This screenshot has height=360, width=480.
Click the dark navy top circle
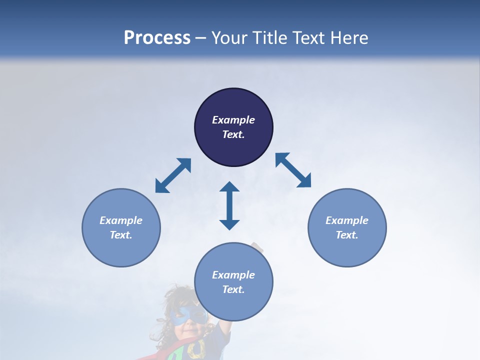(233, 150)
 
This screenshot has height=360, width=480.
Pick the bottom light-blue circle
(233, 305)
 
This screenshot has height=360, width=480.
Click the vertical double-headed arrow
(229, 205)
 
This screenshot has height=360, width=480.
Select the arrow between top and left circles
(173, 175)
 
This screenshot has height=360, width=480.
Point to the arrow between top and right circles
(293, 170)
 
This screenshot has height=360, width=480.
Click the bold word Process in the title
(157, 38)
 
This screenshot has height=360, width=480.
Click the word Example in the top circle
(233, 120)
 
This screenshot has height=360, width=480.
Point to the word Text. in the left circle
(121, 235)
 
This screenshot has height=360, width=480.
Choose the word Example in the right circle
(347, 220)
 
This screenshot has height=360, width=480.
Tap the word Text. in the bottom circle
(233, 289)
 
